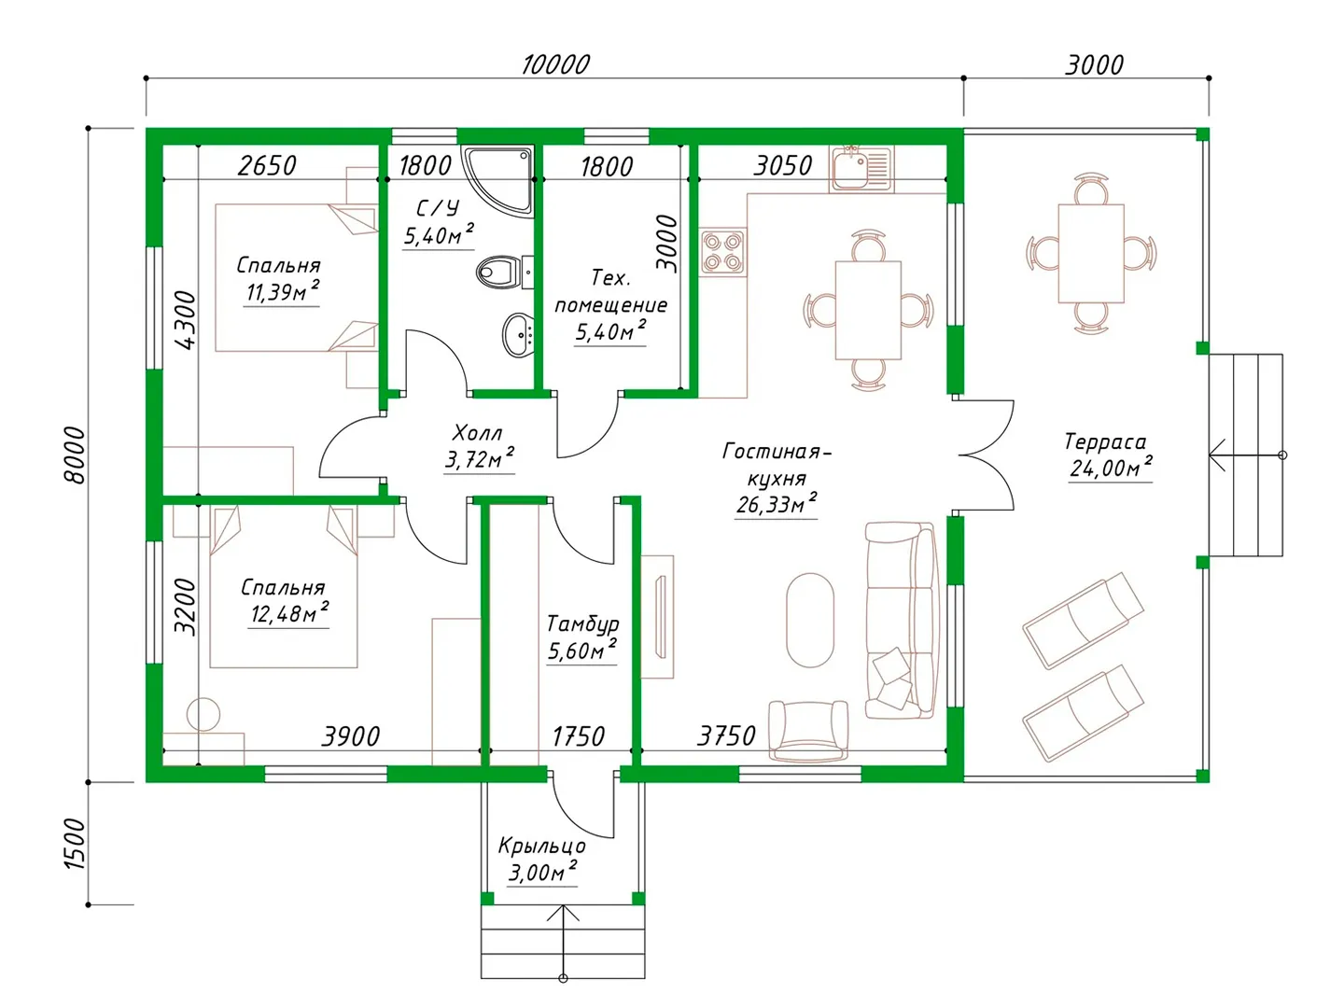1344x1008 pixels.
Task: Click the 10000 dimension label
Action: click(555, 65)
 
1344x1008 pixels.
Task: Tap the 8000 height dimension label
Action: click(76, 455)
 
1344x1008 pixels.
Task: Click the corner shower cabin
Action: click(497, 179)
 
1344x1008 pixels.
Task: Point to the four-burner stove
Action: click(723, 252)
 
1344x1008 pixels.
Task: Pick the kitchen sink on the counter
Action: click(861, 168)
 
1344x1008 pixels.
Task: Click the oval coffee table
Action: click(809, 620)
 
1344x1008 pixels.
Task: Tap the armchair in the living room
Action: click(808, 730)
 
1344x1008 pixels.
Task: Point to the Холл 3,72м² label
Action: click(479, 445)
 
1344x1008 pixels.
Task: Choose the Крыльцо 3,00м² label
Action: click(541, 859)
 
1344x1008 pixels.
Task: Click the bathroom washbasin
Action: click(518, 335)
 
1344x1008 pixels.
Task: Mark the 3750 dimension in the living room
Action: click(726, 735)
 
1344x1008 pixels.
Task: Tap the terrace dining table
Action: click(1090, 253)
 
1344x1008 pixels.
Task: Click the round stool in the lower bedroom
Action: click(203, 714)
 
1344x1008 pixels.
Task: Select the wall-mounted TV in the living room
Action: click(660, 617)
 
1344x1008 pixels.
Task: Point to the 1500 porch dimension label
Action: click(76, 844)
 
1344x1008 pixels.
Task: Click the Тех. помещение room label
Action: click(610, 304)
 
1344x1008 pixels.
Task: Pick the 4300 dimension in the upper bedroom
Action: click(187, 320)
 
